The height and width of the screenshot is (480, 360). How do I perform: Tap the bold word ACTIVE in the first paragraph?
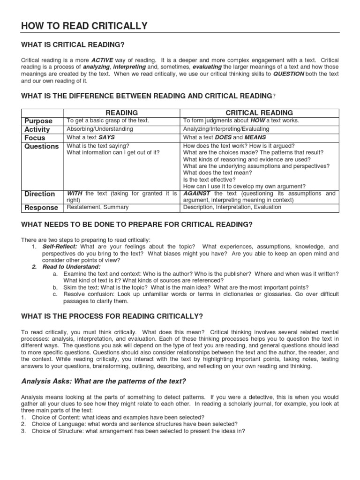(103, 60)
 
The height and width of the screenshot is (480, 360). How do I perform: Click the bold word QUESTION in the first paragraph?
(289, 74)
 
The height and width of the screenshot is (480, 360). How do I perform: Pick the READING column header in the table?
(121, 113)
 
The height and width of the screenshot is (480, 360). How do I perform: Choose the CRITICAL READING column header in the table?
(259, 113)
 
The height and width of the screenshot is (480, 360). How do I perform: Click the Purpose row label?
(38, 121)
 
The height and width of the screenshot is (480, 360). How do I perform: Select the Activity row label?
(37, 129)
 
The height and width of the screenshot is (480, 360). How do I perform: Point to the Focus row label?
(35, 138)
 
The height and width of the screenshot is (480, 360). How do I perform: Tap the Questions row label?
(42, 146)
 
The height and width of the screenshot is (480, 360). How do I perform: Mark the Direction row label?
(39, 194)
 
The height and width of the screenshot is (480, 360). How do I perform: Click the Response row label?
(41, 208)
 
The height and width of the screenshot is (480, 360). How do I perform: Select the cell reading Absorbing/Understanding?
(100, 129)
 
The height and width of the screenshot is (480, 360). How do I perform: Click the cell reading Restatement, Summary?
(97, 207)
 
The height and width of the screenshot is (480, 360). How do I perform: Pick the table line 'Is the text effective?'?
(210, 179)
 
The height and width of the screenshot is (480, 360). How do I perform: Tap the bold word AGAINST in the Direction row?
(197, 193)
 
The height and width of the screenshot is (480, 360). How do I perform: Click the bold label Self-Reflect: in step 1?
(60, 247)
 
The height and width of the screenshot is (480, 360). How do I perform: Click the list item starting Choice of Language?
(135, 424)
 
